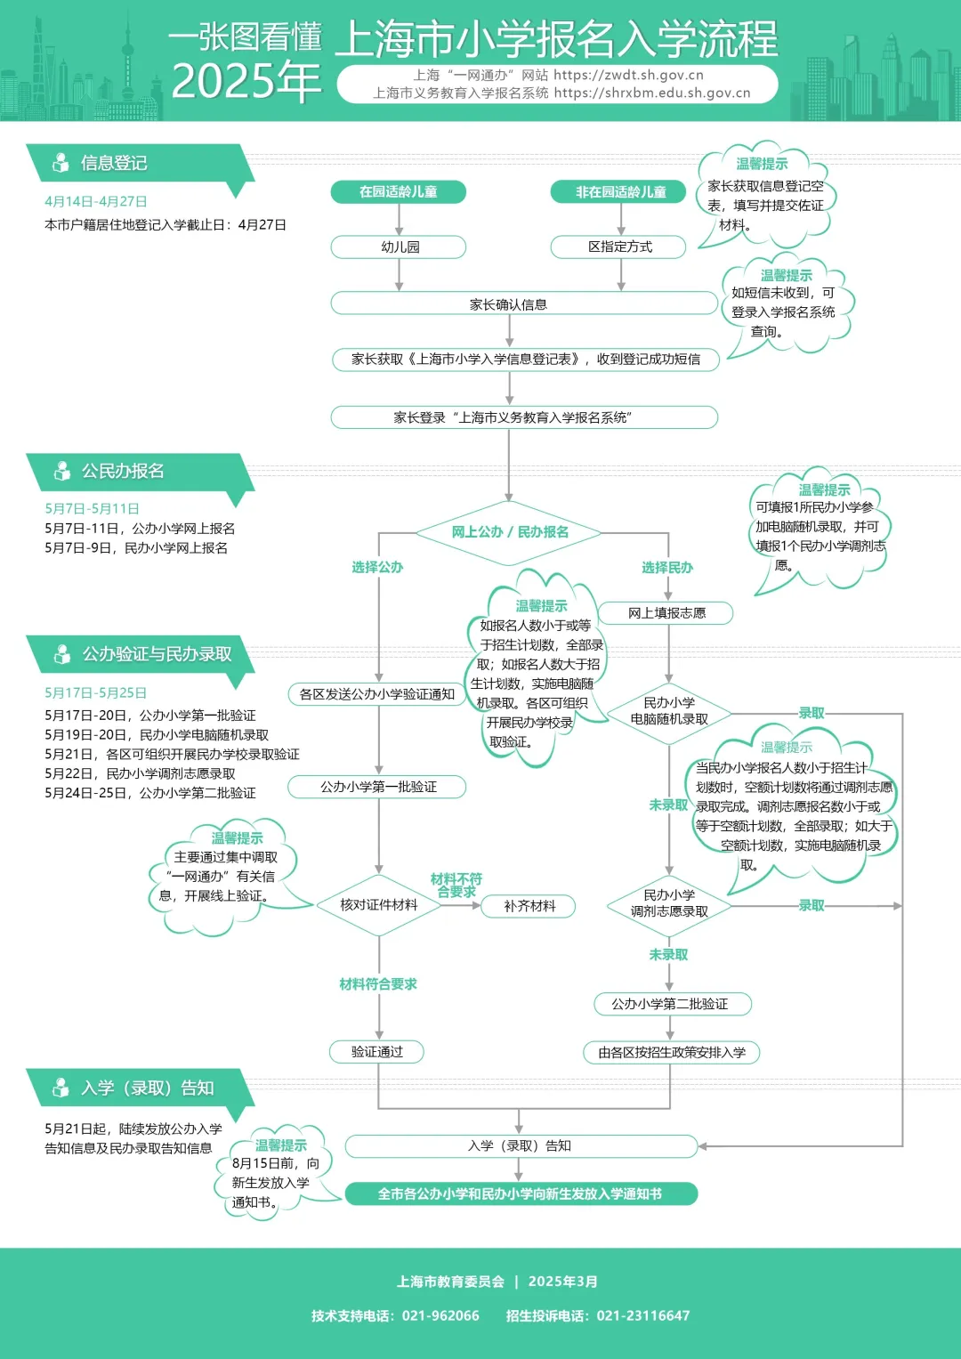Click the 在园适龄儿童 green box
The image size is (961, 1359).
398,192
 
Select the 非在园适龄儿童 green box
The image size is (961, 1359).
619,192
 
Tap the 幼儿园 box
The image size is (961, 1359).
399,247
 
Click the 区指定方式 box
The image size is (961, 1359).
619,247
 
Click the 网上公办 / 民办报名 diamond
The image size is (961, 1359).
509,532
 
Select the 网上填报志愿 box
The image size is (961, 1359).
666,613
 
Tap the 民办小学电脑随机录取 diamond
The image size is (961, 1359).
669,711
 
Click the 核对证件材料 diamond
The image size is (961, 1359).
378,905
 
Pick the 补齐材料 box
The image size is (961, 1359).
529,906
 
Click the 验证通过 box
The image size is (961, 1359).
376,1052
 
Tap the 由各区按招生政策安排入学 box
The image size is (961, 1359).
672,1053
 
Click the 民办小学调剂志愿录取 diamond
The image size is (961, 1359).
669,903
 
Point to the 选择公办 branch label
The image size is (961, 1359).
377,568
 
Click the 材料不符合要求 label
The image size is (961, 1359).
456,885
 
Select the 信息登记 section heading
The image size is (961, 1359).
114,163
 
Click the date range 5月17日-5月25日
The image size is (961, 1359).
95,693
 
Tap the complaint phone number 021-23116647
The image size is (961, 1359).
642,1315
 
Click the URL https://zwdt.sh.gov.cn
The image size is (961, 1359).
628,76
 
